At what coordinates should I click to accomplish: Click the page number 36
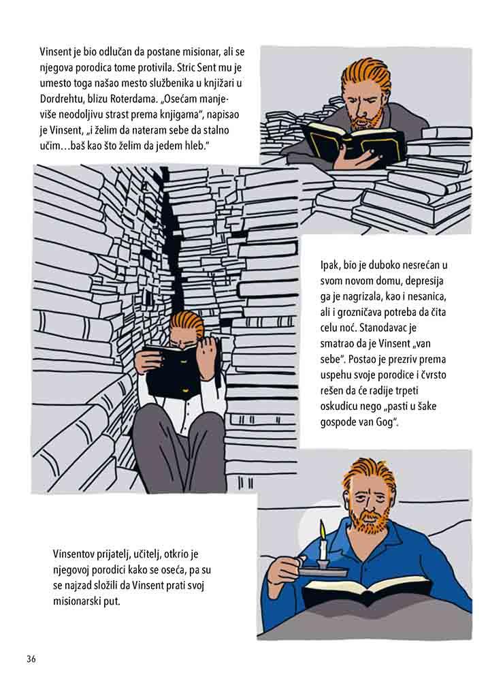coord(31,659)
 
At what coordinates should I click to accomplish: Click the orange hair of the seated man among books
coord(186,321)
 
